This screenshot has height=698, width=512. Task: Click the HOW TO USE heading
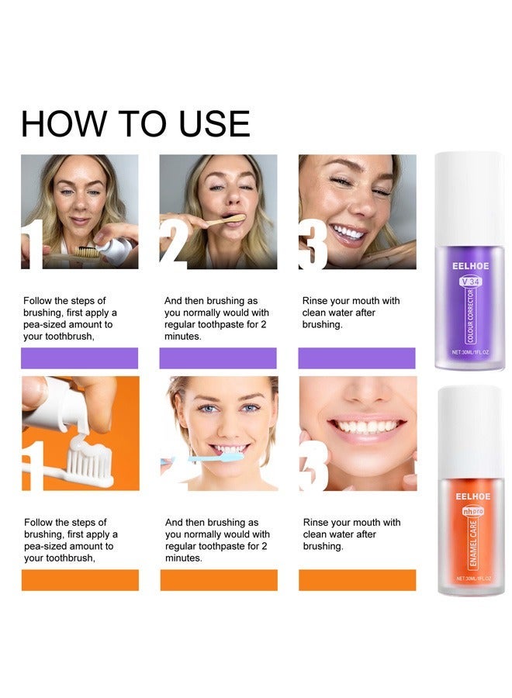click(135, 124)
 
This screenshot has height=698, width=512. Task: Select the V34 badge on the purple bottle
click(471, 281)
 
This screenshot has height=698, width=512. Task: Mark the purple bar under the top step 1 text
click(79, 358)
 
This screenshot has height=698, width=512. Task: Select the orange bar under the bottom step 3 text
click(357, 579)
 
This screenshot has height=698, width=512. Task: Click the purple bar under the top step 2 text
click(218, 358)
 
